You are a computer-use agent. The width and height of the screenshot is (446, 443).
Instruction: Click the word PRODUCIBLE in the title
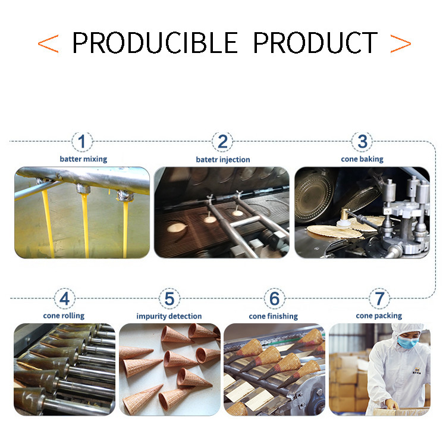(x=155, y=43)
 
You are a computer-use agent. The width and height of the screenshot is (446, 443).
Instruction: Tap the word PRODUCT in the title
(x=315, y=43)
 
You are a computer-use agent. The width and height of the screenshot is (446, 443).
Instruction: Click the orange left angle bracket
(x=48, y=43)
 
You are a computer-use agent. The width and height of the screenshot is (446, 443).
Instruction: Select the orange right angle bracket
(x=401, y=43)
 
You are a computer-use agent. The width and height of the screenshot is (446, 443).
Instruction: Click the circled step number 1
(x=82, y=142)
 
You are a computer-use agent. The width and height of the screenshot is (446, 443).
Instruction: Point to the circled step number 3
(x=362, y=142)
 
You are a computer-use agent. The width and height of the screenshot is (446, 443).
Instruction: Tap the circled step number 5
(x=169, y=298)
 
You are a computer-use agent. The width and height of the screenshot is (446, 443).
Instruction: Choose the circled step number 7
(x=379, y=298)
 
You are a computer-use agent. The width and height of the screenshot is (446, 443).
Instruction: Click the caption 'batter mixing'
(x=83, y=159)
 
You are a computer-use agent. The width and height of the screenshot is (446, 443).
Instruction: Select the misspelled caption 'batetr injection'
(x=223, y=160)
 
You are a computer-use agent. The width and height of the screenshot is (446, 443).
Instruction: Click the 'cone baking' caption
(x=362, y=159)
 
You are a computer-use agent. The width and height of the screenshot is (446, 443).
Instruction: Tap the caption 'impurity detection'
(x=169, y=316)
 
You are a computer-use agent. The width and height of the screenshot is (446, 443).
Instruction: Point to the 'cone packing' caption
(x=379, y=316)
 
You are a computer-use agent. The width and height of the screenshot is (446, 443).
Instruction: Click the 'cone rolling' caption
(x=64, y=316)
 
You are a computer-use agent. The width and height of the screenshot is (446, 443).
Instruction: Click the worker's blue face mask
(x=407, y=341)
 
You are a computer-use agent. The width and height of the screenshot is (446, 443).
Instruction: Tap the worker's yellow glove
(x=391, y=404)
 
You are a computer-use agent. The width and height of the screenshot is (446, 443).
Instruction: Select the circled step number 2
(x=222, y=142)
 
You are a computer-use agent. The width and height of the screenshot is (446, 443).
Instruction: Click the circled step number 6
(x=275, y=298)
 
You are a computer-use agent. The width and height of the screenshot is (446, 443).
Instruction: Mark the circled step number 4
(x=65, y=298)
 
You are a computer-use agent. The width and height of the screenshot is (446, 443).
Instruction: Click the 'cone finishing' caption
(x=274, y=316)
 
